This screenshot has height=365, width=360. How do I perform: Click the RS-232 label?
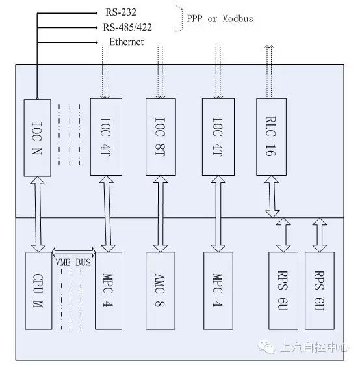coord(121,12)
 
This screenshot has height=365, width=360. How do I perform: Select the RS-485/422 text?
coord(127,27)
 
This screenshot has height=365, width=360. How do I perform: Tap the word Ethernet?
coord(126,42)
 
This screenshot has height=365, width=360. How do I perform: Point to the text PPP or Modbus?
coord(220,19)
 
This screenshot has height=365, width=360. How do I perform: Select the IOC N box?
coord(38,137)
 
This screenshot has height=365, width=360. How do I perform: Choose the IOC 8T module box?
coord(161,137)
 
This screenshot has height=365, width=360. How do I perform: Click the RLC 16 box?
coord(271,137)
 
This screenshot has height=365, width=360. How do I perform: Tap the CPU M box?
coord(38,291)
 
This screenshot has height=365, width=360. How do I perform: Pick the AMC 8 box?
coord(161,291)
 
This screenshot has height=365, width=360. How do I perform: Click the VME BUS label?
coord(73,263)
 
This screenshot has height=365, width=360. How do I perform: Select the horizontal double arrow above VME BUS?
coord(73,252)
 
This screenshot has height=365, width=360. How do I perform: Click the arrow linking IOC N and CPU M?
coord(38,214)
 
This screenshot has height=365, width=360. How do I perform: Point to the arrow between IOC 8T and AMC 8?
coord(161,213)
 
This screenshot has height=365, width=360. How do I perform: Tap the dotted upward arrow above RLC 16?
coord(269,72)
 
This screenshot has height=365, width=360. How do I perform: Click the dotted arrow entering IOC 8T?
coord(161,72)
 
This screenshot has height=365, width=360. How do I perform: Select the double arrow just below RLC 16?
coord(272,196)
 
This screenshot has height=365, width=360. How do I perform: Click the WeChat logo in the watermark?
coord(266,347)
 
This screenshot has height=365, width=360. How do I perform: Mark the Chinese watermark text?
coord(315,347)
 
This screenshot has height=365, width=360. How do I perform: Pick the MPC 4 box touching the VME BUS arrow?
coord(109,291)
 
